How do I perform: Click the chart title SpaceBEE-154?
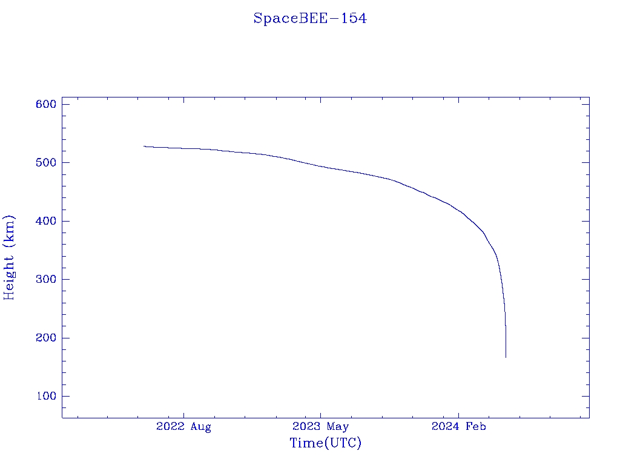[310, 19]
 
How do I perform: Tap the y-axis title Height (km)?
[9, 257]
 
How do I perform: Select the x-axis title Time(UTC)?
[326, 443]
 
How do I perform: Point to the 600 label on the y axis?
[46, 105]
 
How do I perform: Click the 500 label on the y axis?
[46, 163]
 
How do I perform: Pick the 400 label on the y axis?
[46, 222]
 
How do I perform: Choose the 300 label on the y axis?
[46, 280]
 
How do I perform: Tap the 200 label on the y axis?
[46, 338]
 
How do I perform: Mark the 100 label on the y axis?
[46, 397]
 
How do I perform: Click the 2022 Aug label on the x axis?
[183, 427]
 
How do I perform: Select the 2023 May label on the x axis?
[321, 427]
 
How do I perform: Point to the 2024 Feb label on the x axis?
[458, 427]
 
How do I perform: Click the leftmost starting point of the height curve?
[144, 146]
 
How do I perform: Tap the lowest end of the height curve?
[506, 357]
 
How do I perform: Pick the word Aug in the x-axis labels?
[200, 427]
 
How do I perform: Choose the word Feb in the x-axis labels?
[476, 427]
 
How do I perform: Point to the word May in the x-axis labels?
[338, 427]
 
